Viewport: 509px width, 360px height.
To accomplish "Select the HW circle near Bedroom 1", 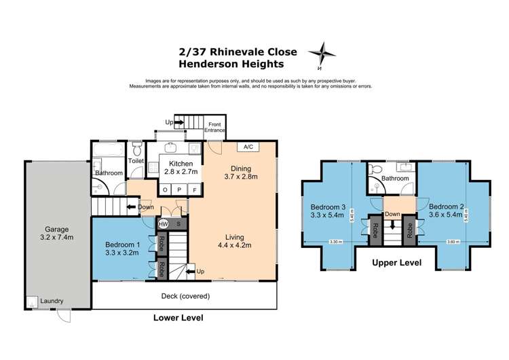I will tap(163, 223).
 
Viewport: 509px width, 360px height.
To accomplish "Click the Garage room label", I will tap(56, 234).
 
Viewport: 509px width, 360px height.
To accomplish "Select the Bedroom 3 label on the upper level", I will tap(329, 211).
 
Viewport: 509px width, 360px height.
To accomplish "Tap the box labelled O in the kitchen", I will tap(166, 190).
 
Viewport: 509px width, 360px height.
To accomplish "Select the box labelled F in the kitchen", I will tap(195, 190).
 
